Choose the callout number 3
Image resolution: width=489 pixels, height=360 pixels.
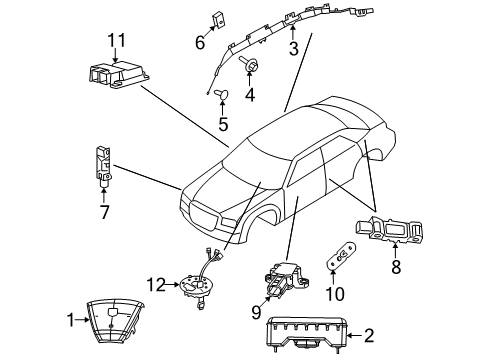point(293,49)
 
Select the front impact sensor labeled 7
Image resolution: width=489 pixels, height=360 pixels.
point(103,165)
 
